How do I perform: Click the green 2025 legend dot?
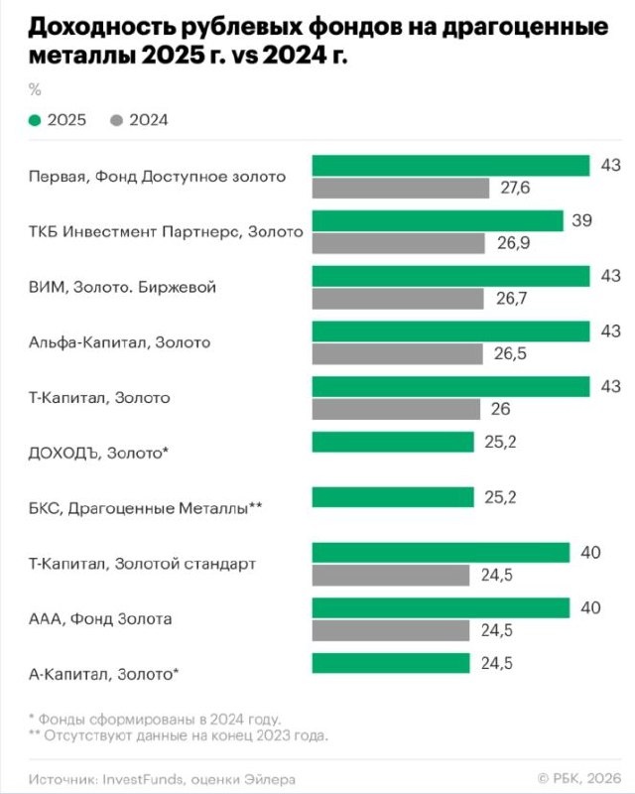pyautogui.click(x=36, y=121)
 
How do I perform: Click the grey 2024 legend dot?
pyautogui.click(x=116, y=121)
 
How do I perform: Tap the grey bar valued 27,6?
pyautogui.click(x=401, y=188)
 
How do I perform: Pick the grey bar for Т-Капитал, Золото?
pyautogui.click(x=396, y=409)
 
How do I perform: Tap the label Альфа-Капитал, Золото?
pyautogui.click(x=120, y=342)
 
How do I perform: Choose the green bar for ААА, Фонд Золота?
pyautogui.click(x=441, y=607)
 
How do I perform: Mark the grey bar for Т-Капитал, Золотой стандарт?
pyautogui.click(x=391, y=575)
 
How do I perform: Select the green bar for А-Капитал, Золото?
pyautogui.click(x=391, y=663)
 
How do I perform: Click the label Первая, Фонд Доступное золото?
pyautogui.click(x=158, y=177)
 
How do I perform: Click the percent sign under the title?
pyautogui.click(x=36, y=90)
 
